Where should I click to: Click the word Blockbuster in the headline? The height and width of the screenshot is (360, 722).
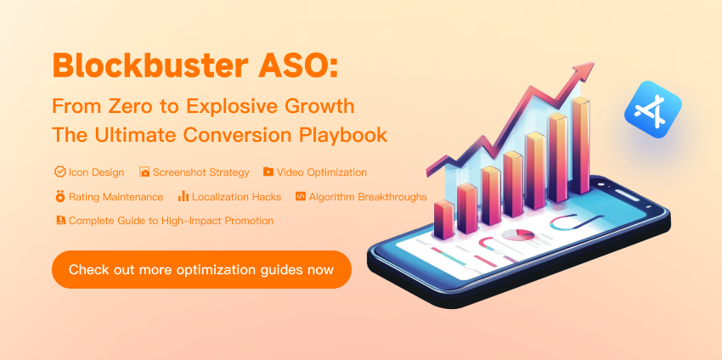pos(150,65)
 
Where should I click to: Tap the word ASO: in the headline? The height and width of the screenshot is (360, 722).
pos(298,65)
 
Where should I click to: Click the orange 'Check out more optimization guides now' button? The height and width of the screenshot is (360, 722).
pos(201,269)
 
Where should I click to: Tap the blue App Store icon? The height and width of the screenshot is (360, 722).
pos(652,110)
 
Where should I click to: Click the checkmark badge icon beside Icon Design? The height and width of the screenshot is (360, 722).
pos(59,172)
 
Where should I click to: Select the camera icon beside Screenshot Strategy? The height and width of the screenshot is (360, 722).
pos(144,172)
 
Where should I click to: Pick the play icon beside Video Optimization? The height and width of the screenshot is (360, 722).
pos(268,172)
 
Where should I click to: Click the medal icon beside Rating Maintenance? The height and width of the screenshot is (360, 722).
pos(59,197)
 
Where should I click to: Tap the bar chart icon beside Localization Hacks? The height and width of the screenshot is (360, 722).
pos(183,197)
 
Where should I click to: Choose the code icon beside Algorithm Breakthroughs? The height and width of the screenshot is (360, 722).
pos(301,197)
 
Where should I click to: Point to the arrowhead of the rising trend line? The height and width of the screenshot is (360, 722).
pos(582,70)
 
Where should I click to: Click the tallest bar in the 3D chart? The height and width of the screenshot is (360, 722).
pos(580,145)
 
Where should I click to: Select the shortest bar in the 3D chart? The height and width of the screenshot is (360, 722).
pos(444,219)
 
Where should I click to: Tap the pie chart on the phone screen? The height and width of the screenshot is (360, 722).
pos(518,235)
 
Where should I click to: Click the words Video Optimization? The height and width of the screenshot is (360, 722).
pos(321,172)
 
